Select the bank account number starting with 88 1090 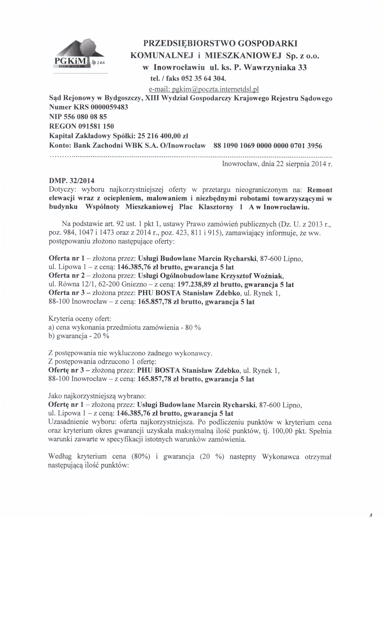point(268,146)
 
